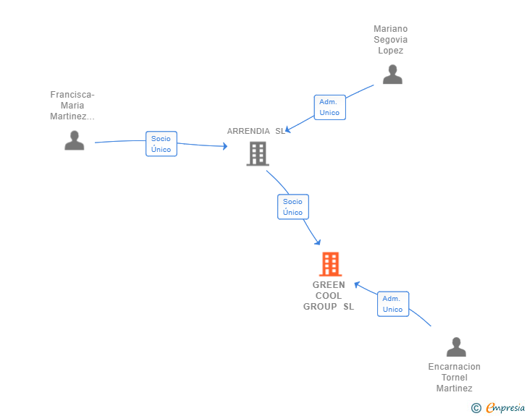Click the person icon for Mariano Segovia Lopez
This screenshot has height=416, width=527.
392,75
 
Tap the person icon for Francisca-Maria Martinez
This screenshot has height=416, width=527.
75,140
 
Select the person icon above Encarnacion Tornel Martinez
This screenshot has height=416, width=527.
456,347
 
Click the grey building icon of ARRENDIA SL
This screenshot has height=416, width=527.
258,153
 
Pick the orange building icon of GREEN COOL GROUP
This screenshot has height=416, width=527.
330,264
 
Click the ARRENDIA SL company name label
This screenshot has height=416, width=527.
256,131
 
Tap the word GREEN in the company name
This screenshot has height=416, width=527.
329,285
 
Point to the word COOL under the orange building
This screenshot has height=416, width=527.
329,296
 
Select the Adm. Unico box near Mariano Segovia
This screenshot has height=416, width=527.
329,107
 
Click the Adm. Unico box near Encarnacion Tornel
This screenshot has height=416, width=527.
392,304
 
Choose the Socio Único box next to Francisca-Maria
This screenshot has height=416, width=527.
161,144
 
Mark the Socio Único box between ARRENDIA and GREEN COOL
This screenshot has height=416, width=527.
292,207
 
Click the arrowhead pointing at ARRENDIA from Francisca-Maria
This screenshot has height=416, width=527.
224,146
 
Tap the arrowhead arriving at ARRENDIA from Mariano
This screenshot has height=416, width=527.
288,130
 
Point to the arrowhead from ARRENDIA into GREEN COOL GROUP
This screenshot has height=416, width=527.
317,242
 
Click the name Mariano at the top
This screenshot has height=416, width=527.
390,29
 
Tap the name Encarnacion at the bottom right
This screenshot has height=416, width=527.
454,367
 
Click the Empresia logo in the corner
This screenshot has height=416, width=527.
505,408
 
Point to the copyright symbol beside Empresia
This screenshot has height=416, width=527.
476,408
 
